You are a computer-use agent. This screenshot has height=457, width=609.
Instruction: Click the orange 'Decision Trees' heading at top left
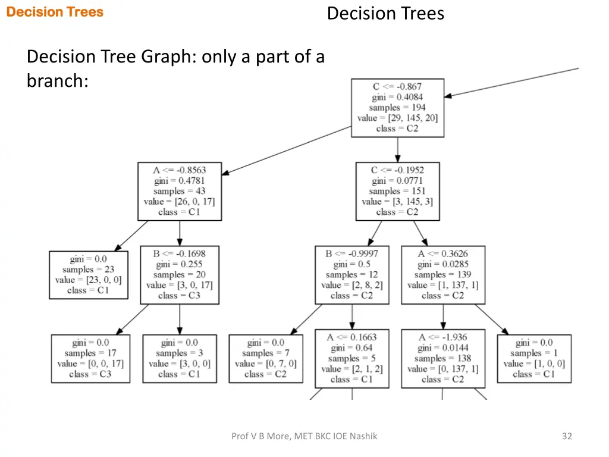tap(55, 12)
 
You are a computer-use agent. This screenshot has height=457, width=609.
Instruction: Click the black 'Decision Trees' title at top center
tap(385, 13)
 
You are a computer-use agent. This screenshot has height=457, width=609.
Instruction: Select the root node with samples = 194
tap(397, 108)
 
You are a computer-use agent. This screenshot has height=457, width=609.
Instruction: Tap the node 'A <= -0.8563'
tap(179, 191)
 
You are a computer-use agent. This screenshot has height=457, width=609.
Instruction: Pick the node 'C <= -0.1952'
tap(397, 191)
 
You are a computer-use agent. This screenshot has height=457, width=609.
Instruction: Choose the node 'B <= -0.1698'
tap(179, 274)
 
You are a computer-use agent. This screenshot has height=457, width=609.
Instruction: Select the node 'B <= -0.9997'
tap(351, 274)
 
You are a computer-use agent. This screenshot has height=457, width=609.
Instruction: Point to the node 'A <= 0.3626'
tap(442, 274)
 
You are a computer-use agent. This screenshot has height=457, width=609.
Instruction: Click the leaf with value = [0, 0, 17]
tap(90, 358)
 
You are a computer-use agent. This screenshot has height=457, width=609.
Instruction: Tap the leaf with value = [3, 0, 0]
tap(179, 358)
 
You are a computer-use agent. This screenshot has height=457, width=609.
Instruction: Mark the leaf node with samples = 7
tap(265, 358)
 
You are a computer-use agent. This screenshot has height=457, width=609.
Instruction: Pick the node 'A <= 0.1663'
tap(351, 358)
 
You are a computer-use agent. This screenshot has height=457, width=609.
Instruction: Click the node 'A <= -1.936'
tap(442, 358)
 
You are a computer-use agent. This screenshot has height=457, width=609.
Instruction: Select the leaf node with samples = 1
tap(534, 358)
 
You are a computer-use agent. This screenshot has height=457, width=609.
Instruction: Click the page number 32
tap(567, 436)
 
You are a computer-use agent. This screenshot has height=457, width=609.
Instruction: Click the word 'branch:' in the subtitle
tap(57, 80)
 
